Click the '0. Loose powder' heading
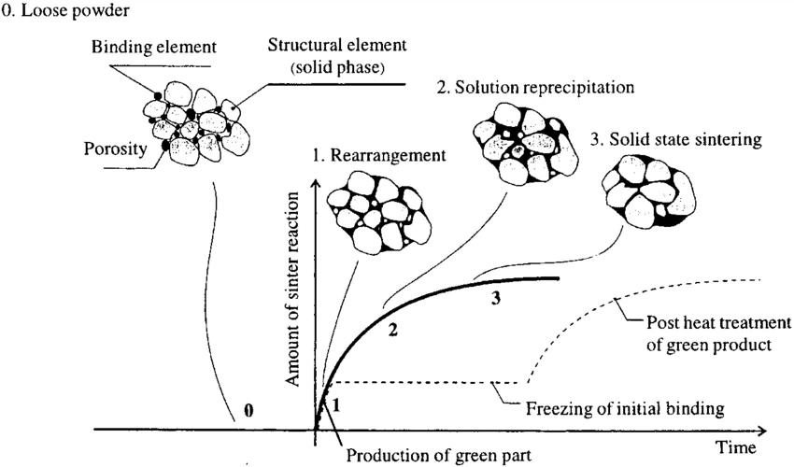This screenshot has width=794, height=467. [x=54, y=12]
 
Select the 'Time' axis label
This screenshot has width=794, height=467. [x=738, y=446]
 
